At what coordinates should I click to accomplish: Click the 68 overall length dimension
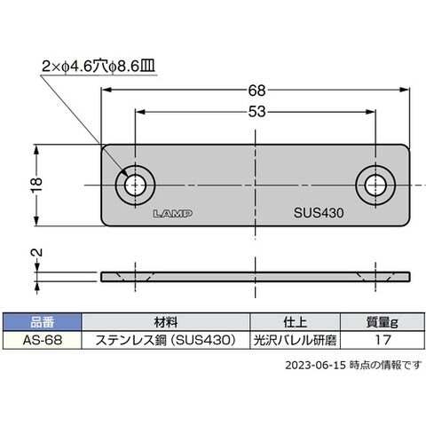tap(256, 91)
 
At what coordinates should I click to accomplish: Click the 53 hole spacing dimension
tap(256, 112)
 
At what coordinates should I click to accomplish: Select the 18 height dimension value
tap(38, 185)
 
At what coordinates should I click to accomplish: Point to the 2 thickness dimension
tap(37, 252)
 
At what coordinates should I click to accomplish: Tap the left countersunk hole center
tap(135, 185)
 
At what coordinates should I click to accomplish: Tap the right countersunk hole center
tap(375, 185)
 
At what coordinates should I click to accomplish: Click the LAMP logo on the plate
tap(173, 213)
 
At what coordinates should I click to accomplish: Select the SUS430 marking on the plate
tap(319, 213)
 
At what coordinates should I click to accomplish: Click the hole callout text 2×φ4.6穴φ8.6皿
tap(99, 67)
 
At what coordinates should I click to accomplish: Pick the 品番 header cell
tap(42, 322)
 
